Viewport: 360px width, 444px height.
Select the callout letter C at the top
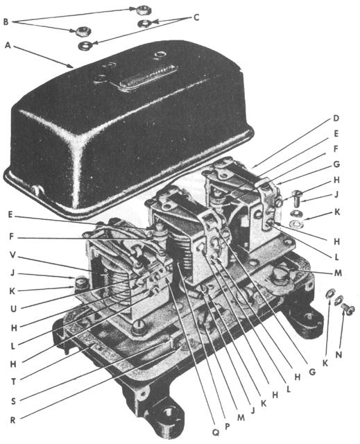pos(196,17)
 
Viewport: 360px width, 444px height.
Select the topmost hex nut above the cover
pos(143,10)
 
